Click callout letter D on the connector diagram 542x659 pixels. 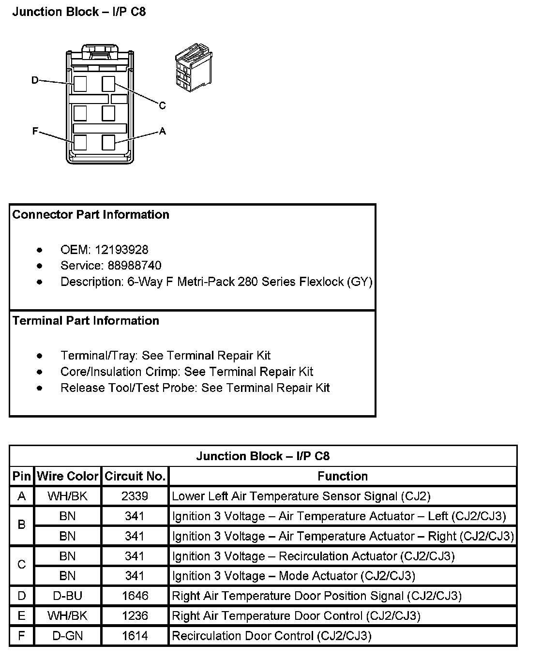35,80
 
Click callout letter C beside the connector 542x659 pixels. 162,105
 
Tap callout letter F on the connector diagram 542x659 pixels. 35,131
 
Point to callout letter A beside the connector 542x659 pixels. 162,131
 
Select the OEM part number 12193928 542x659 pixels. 121,250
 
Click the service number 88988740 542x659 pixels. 128,266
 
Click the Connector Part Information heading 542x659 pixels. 91,215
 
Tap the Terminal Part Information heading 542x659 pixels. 86,321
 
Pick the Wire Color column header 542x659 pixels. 67,476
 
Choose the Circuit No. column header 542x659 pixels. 135,476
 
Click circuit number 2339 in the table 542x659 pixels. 135,496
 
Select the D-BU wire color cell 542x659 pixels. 67,596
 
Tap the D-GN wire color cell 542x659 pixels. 67,635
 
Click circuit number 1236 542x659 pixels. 135,615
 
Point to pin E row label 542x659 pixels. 21,615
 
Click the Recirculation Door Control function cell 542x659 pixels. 271,635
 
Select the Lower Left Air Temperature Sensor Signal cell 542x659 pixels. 301,496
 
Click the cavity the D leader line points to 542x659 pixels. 80,84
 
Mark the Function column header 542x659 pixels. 343,476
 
